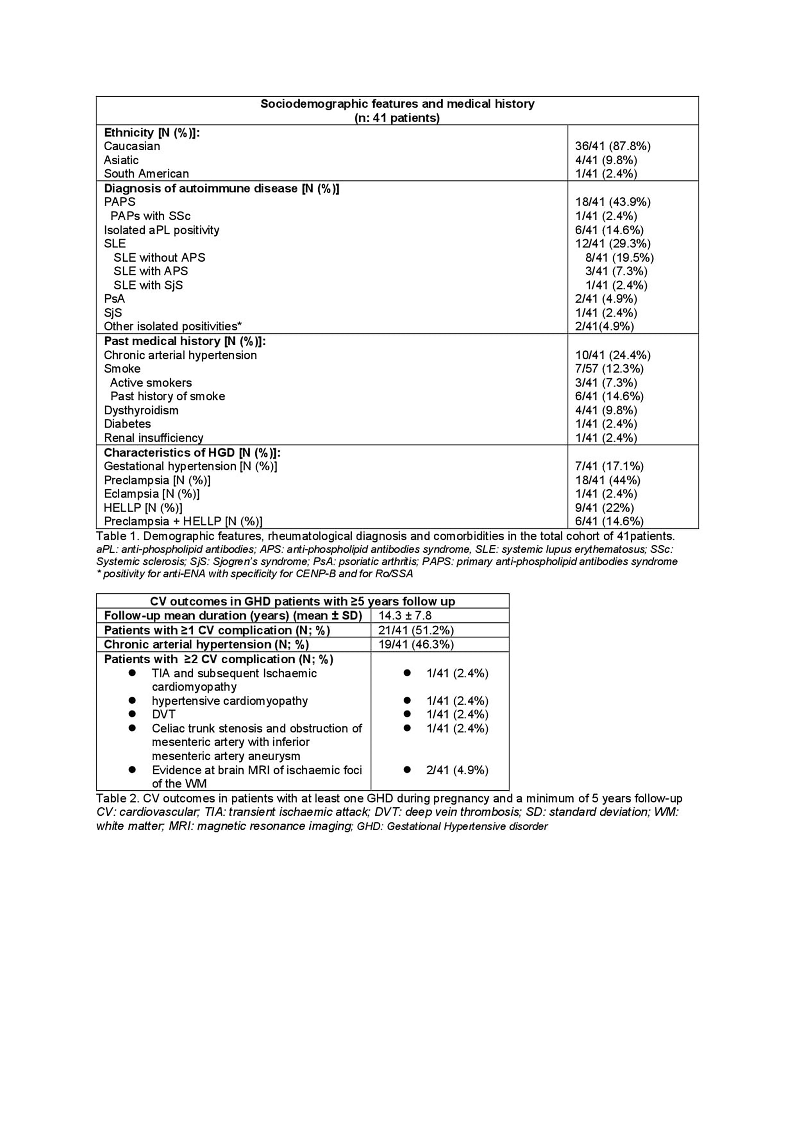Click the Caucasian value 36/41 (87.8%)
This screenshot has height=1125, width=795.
[x=612, y=146]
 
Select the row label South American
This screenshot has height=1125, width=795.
[x=146, y=174]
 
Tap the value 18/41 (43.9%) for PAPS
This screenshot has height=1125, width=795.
[x=612, y=202]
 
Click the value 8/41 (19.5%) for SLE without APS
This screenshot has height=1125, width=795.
[x=619, y=258]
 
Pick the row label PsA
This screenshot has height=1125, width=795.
[x=114, y=299]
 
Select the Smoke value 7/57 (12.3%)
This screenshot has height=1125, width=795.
[x=609, y=369]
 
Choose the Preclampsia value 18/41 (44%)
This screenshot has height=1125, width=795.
[x=607, y=480]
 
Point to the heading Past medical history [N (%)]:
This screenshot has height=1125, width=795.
[x=185, y=341]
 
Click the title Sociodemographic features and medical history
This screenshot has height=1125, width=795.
[x=397, y=104]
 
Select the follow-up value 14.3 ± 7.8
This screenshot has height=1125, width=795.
[x=405, y=616]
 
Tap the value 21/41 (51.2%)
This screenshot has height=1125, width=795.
[x=416, y=630]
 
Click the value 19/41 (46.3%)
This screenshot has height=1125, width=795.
[x=416, y=644]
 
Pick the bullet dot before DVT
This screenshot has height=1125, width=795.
[x=132, y=714]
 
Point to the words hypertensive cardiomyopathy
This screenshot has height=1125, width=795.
[x=230, y=701]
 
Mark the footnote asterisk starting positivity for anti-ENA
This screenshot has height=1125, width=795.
[x=99, y=573]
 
